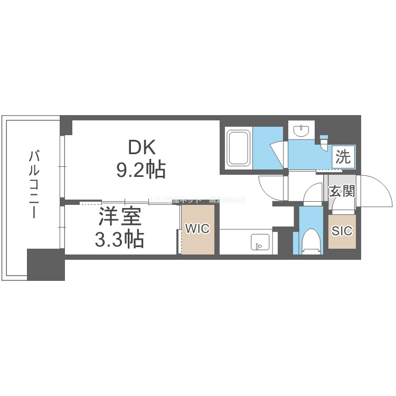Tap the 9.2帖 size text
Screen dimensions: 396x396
pos(140,169)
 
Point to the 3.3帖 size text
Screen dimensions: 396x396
pos(119,240)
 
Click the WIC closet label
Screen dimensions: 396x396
pos(197,229)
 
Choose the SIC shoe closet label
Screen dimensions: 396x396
pos(342,230)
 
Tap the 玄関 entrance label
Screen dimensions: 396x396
pos(341,191)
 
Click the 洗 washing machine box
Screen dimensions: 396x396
pos(343,157)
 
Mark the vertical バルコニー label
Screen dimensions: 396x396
pos(35,185)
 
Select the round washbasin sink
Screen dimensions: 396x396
pos(301,130)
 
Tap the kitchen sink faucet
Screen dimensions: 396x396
pos(258,246)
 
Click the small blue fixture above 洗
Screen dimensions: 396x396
pos(324,142)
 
